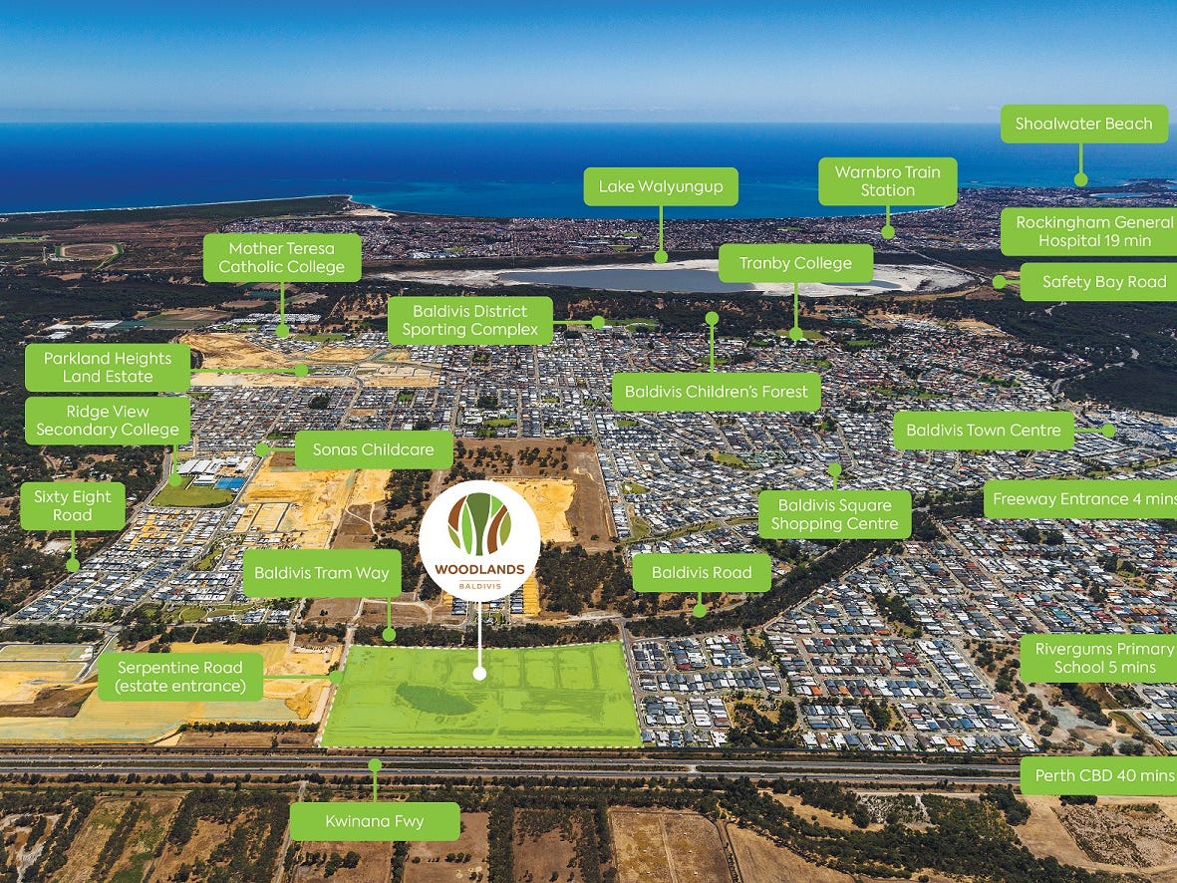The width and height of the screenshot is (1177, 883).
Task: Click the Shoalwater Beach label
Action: pyautogui.click(x=1083, y=125)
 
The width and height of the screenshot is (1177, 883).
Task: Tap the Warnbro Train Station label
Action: pyautogui.click(x=887, y=181)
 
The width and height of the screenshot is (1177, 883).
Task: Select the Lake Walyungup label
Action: pyautogui.click(x=661, y=186)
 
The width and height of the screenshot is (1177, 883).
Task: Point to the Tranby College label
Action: pyautogui.click(x=795, y=264)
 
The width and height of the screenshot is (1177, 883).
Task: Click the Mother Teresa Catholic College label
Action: pyautogui.click(x=282, y=258)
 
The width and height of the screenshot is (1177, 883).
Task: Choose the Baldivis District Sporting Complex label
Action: pyautogui.click(x=469, y=321)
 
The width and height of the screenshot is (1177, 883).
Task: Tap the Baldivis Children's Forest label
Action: pyautogui.click(x=717, y=392)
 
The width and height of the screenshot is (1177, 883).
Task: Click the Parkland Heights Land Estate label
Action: pyautogui.click(x=108, y=368)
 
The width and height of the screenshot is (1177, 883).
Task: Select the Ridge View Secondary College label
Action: pyautogui.click(x=108, y=421)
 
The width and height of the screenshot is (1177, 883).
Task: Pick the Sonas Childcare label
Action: pyautogui.click(x=373, y=450)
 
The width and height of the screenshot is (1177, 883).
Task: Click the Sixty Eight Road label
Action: pyautogui.click(x=73, y=506)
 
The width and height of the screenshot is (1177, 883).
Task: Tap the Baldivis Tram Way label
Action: pyautogui.click(x=322, y=573)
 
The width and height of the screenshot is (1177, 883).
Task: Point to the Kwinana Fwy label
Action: pyautogui.click(x=375, y=822)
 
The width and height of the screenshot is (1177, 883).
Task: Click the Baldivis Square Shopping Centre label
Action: pyautogui.click(x=834, y=514)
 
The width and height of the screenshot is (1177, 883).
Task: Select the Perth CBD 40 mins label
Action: pyautogui.click(x=1098, y=775)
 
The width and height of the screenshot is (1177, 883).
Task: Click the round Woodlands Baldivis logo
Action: pyautogui.click(x=479, y=540)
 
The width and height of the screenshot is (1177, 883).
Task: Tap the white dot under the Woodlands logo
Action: pyautogui.click(x=479, y=674)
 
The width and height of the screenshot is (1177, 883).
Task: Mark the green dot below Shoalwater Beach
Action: pyautogui.click(x=1081, y=180)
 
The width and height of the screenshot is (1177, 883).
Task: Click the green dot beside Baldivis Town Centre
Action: pyautogui.click(x=1108, y=431)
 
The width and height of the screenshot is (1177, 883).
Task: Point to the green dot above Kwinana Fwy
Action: pyautogui.click(x=375, y=764)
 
